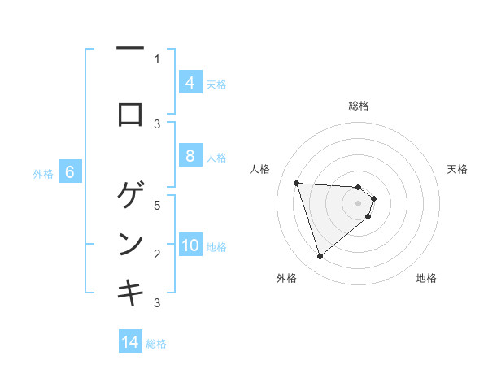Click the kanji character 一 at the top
click(x=130, y=50)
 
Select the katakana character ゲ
click(x=130, y=195)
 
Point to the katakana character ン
click(x=130, y=243)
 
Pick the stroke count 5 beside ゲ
click(x=157, y=205)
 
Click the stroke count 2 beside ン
click(x=157, y=254)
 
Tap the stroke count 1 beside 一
click(x=157, y=59)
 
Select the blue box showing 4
click(x=190, y=83)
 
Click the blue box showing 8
click(x=190, y=156)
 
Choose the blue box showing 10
click(x=190, y=245)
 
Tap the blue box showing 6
click(x=70, y=172)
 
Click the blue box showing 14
click(x=130, y=342)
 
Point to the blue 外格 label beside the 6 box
click(x=43, y=173)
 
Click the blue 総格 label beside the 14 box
click(x=156, y=343)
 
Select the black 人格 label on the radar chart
click(x=260, y=169)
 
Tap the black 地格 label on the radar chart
click(x=426, y=278)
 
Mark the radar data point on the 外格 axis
click(x=320, y=257)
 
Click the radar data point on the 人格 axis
click(x=296, y=183)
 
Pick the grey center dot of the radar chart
click(x=358, y=214)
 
